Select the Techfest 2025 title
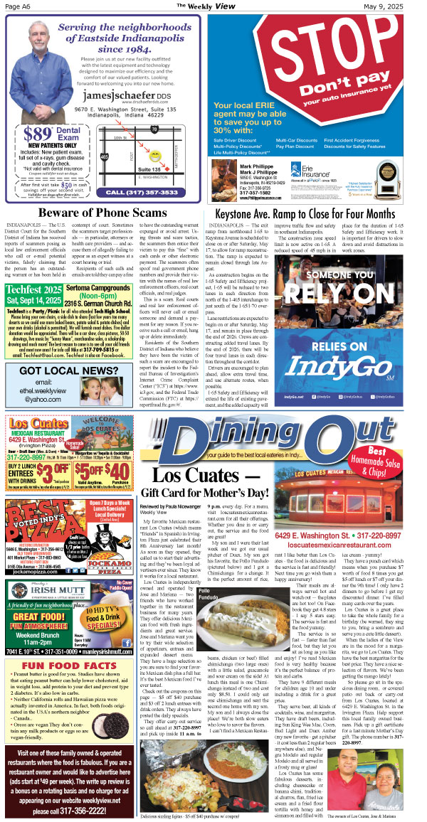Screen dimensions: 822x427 (x=33, y=290)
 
